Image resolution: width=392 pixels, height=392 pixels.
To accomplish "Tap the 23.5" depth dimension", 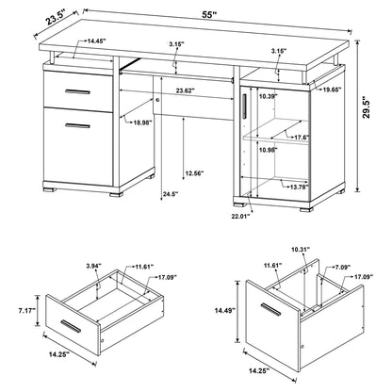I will [x=31, y=16].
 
